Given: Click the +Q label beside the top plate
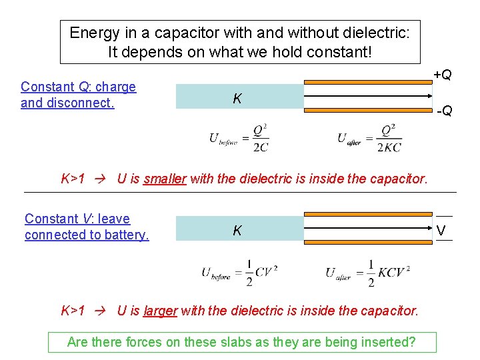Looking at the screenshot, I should click(442, 75).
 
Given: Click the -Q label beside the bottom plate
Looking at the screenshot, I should click(444, 110).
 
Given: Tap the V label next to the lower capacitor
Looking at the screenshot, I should click(441, 231).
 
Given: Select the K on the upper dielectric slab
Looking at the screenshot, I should click(237, 99).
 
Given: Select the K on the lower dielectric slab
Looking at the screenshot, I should click(237, 231).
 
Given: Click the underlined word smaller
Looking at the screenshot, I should click(165, 179).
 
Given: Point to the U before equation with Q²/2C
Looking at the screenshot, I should click(239, 138).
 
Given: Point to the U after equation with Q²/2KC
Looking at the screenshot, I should click(369, 138).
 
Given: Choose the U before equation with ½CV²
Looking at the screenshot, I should click(239, 273).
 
